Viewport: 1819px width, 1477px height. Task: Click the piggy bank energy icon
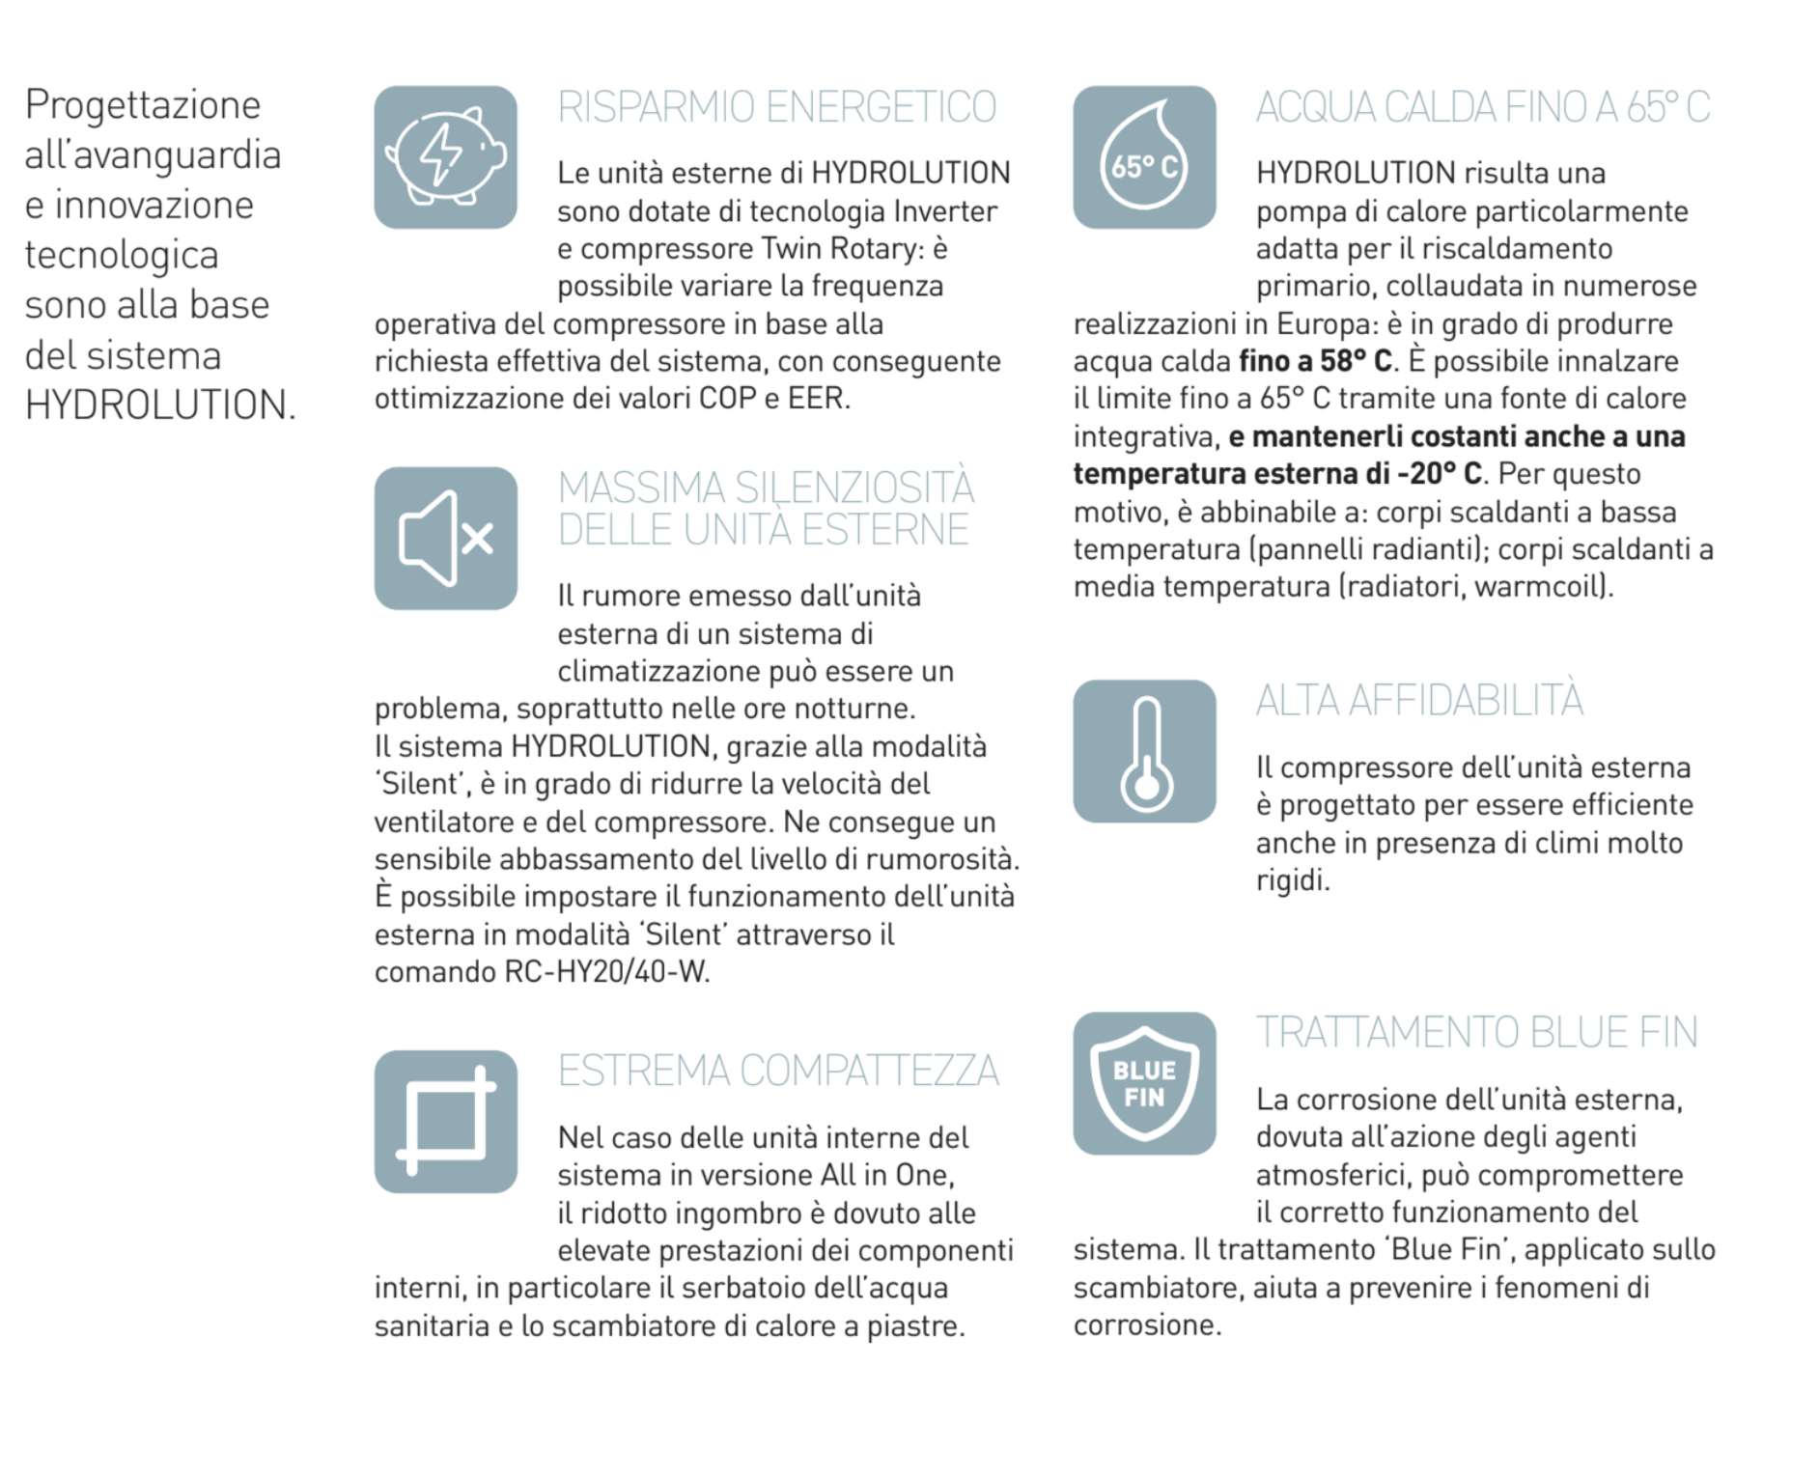click(x=445, y=157)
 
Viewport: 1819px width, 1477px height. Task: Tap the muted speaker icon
click(x=445, y=539)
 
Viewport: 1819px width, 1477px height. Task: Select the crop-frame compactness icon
click(x=445, y=1122)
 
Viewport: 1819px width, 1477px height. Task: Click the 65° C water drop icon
click(x=1144, y=157)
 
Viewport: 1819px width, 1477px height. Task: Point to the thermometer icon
click(x=1144, y=752)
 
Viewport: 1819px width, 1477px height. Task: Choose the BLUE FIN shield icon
click(x=1144, y=1083)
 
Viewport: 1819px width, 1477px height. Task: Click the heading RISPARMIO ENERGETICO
click(x=776, y=107)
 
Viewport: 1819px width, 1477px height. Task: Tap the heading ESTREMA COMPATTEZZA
click(x=778, y=1071)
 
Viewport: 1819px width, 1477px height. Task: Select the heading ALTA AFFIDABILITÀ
click(x=1419, y=700)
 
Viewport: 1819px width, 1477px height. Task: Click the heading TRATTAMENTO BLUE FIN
click(x=1476, y=1032)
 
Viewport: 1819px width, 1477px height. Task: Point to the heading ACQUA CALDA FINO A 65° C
click(x=1483, y=107)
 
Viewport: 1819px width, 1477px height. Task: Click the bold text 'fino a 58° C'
click(x=1315, y=361)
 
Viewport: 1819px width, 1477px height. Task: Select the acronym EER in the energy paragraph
click(x=817, y=399)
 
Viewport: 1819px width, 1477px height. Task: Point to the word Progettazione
click(x=143, y=104)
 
